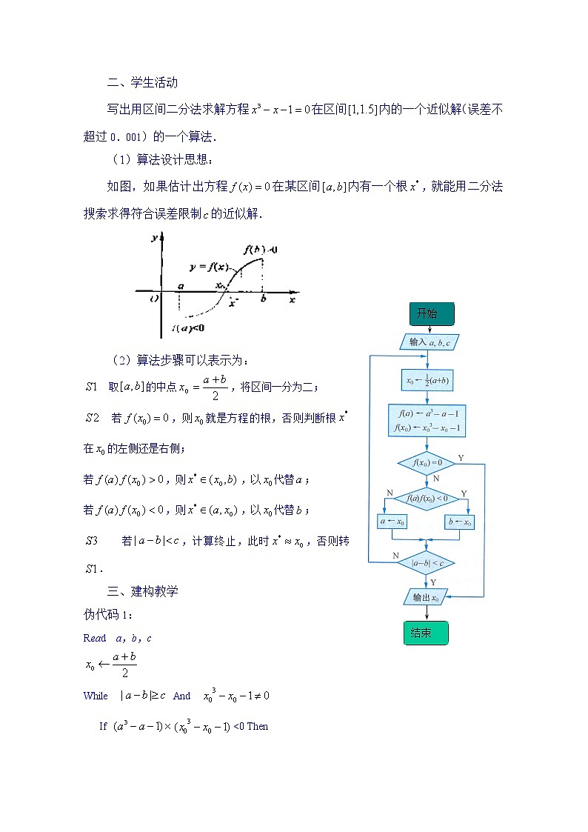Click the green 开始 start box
click(431, 314)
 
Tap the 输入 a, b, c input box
click(429, 342)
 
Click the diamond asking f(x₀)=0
click(426, 464)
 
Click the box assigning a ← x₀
click(392, 522)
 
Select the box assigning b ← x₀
click(460, 522)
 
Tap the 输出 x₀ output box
click(426, 596)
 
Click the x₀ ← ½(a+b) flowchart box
click(427, 382)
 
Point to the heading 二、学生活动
click(142, 83)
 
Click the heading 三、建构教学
click(142, 591)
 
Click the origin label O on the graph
click(153, 299)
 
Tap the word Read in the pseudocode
click(95, 638)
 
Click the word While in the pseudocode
click(96, 696)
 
